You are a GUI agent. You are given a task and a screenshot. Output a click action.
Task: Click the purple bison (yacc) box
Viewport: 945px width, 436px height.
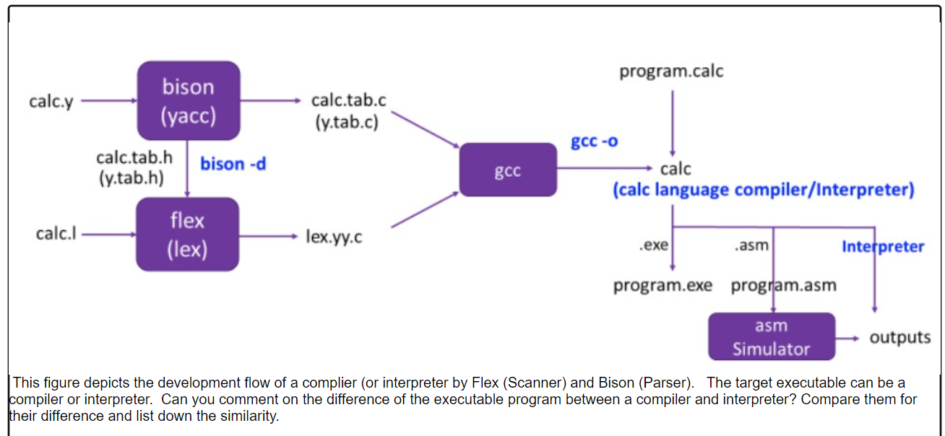(x=188, y=100)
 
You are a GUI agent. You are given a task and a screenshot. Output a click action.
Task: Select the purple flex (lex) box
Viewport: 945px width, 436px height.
(x=188, y=235)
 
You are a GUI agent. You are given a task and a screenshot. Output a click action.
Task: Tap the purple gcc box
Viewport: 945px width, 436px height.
(x=508, y=170)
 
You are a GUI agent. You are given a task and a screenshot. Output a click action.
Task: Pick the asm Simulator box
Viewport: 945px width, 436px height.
(x=771, y=337)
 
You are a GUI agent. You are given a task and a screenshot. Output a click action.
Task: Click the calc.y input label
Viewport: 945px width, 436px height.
(x=51, y=102)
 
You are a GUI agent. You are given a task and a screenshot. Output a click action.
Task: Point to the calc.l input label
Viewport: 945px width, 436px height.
(x=56, y=234)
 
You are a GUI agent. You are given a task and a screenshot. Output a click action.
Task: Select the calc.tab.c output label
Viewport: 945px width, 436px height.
(x=348, y=100)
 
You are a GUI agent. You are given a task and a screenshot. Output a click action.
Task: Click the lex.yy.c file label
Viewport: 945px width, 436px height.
(x=334, y=236)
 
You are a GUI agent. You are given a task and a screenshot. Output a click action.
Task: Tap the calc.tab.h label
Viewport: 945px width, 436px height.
(x=134, y=157)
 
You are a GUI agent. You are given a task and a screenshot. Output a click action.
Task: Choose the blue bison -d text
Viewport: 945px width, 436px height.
(x=233, y=165)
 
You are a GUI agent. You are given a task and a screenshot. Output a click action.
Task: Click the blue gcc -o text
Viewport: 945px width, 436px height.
(x=594, y=141)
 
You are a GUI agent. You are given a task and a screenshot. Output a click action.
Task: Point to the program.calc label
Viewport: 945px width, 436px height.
(x=671, y=71)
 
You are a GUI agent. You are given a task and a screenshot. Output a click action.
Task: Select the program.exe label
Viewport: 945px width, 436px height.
(x=663, y=286)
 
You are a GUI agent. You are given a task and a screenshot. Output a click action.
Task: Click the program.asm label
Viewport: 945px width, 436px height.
(x=783, y=286)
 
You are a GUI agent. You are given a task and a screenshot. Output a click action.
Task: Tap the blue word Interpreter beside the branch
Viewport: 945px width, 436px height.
(x=882, y=247)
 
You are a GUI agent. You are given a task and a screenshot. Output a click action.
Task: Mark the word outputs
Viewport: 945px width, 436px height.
(x=899, y=337)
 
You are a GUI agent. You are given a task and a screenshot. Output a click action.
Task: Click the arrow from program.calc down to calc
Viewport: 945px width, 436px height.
(x=672, y=119)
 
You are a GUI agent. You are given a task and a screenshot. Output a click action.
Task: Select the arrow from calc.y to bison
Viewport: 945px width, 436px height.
(x=108, y=102)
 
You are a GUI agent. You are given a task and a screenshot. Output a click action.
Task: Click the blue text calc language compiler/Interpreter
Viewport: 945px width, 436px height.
(x=763, y=191)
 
